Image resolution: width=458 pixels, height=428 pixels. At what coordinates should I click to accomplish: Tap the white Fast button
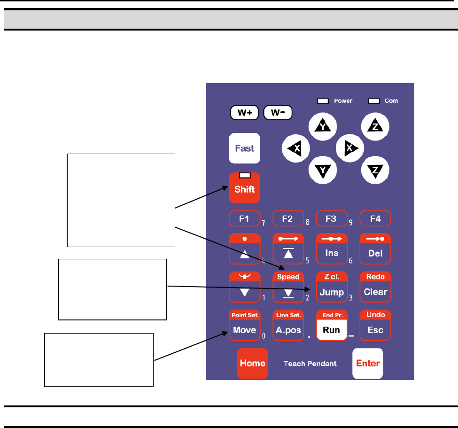(x=245, y=148)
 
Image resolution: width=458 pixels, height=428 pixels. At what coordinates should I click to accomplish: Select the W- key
(x=278, y=113)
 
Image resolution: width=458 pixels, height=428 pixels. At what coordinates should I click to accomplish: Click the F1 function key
(x=244, y=218)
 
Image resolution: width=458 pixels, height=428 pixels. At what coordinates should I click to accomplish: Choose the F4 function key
(x=375, y=218)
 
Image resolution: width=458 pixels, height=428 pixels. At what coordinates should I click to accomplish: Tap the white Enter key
(x=368, y=363)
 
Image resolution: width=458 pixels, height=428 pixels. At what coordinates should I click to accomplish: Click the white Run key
(x=332, y=330)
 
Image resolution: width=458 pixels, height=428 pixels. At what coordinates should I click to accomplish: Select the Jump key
(x=332, y=292)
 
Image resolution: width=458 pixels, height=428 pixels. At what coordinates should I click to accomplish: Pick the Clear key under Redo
(x=375, y=292)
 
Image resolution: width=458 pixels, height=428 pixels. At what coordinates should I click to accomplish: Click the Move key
(x=244, y=330)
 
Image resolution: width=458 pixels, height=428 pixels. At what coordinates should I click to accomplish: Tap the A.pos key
(x=288, y=330)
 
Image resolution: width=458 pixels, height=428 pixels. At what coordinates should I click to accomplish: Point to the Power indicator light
(x=323, y=101)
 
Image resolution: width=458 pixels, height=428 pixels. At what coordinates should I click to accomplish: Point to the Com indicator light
(x=374, y=101)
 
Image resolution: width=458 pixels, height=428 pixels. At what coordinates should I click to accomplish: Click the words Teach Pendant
(x=310, y=364)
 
